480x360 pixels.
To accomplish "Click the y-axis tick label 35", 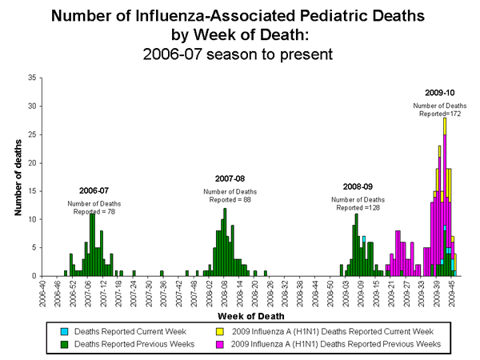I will click(x=31, y=78).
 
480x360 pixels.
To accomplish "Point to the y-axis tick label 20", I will click(x=31, y=162).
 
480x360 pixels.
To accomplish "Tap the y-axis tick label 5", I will click(x=33, y=247).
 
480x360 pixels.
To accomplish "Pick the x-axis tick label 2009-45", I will click(x=454, y=294).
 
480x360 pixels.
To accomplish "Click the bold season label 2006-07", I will click(x=94, y=190).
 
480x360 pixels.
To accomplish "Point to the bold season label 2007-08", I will click(x=230, y=178).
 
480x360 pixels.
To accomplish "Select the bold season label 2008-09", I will click(x=358, y=186).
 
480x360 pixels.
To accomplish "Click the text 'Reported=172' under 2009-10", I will click(x=441, y=114).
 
